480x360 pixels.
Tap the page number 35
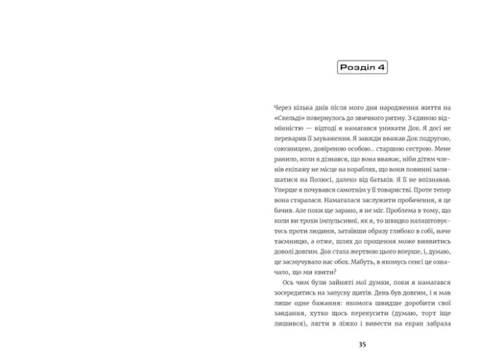(361, 345)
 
